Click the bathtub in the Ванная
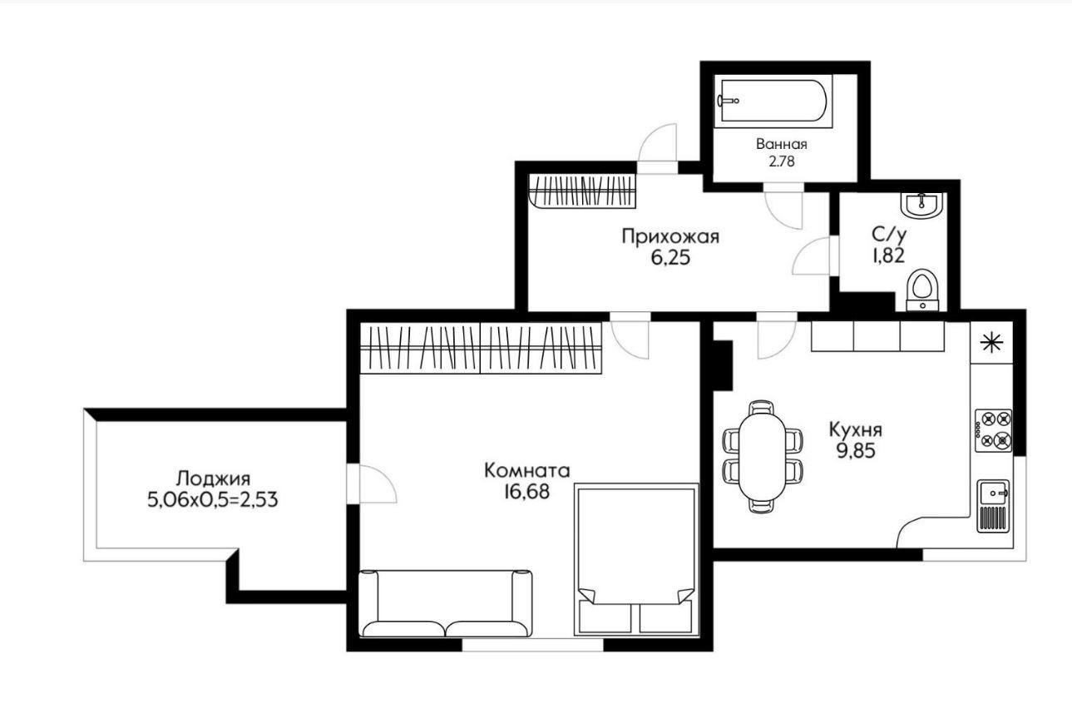pyautogui.click(x=773, y=101)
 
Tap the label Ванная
pyautogui.click(x=782, y=144)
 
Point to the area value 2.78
pyautogui.click(x=782, y=161)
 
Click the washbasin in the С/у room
pyautogui.click(x=921, y=206)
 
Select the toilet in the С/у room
pyautogui.click(x=923, y=290)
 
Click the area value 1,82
pyautogui.click(x=889, y=256)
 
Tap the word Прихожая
pyautogui.click(x=670, y=236)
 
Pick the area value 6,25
pyautogui.click(x=670, y=258)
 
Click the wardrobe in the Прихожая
pyautogui.click(x=582, y=191)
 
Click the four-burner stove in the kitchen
pyautogui.click(x=994, y=430)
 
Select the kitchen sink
pyautogui.click(x=995, y=505)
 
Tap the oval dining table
pyautogui.click(x=762, y=456)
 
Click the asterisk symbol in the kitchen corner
pyautogui.click(x=991, y=343)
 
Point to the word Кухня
pyautogui.click(x=856, y=429)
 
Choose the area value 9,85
pyautogui.click(x=856, y=451)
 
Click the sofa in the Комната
pyautogui.click(x=445, y=603)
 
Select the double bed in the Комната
pyautogui.click(x=636, y=559)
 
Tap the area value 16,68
pyautogui.click(x=526, y=492)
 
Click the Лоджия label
pyautogui.click(x=214, y=478)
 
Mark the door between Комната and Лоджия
pyautogui.click(x=371, y=483)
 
